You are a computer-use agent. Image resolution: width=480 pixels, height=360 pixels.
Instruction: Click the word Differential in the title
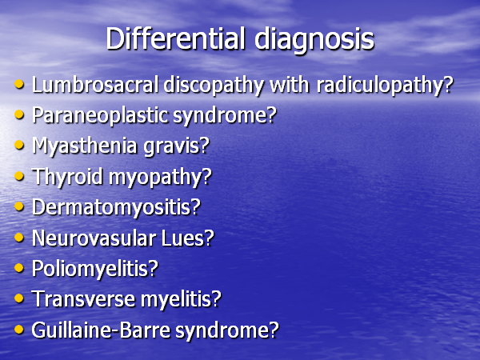pos(176,38)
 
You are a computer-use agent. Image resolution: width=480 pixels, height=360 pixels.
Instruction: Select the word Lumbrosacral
pos(95,84)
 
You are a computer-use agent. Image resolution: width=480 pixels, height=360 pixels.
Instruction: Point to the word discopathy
pos(214,86)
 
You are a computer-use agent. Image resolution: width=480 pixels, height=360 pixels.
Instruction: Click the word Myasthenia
pos(85,146)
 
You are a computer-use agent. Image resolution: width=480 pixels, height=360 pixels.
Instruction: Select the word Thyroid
pos(67,178)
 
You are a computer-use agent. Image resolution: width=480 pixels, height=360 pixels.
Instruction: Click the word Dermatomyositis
pos(111,208)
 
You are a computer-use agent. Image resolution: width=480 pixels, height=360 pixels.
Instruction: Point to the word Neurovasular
pos(94,238)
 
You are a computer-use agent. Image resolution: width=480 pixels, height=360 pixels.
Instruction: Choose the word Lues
pos(182,238)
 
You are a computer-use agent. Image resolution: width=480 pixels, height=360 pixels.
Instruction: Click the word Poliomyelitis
pos(90,269)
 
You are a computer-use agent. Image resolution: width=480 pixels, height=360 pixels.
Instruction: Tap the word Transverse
pos(83,298)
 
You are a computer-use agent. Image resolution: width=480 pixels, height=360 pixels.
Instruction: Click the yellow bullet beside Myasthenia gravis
pos(19,145)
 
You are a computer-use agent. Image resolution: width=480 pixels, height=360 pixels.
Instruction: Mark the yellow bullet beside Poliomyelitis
pos(19,268)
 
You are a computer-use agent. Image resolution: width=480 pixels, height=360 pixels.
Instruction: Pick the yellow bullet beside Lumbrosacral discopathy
pos(19,83)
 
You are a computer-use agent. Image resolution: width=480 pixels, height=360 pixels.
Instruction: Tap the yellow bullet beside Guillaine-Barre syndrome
pos(19,330)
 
